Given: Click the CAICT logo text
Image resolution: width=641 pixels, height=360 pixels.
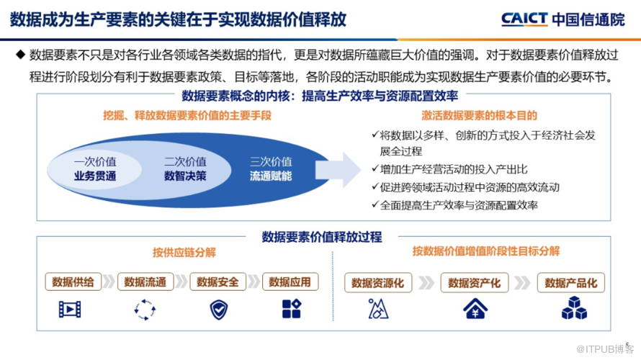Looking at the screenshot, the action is pos(524,19).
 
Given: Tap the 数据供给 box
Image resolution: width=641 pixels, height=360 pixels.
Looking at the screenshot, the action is pos(73,282).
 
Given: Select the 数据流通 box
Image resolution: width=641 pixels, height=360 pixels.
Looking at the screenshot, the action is pos(145,282).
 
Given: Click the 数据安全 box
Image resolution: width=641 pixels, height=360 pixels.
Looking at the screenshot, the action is pos(218,282).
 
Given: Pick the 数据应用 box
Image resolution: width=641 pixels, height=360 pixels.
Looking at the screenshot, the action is pos(290,282).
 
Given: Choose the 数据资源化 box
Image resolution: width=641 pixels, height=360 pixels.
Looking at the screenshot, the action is pos(378,283).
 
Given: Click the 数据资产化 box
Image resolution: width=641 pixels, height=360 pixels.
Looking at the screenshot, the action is pos(475,283).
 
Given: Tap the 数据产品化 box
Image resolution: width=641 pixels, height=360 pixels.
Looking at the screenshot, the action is pos(571,283).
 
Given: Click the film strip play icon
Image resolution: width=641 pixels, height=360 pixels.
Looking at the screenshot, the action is pos(70,310).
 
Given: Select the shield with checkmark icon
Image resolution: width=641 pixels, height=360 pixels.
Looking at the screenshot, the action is pos(219,310).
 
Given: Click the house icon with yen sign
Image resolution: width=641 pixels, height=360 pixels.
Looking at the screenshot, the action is pos(475,308).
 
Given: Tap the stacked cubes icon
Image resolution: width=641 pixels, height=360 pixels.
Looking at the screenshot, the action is pos(574,307).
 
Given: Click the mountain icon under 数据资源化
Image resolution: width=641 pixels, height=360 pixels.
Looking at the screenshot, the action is pos(378,308).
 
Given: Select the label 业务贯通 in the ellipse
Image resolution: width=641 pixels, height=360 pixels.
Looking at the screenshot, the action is pos(95,176).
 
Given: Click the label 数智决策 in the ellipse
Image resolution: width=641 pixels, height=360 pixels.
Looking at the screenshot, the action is pos(185,176).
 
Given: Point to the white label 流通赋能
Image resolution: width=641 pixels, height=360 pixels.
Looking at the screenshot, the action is pos(271,176).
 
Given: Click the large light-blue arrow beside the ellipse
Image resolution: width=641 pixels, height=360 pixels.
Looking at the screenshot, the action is pos(338,170).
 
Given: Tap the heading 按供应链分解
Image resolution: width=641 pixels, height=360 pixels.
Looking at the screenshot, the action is pos(184,253).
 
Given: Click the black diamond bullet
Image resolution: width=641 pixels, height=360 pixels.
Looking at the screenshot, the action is pos(20,54).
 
